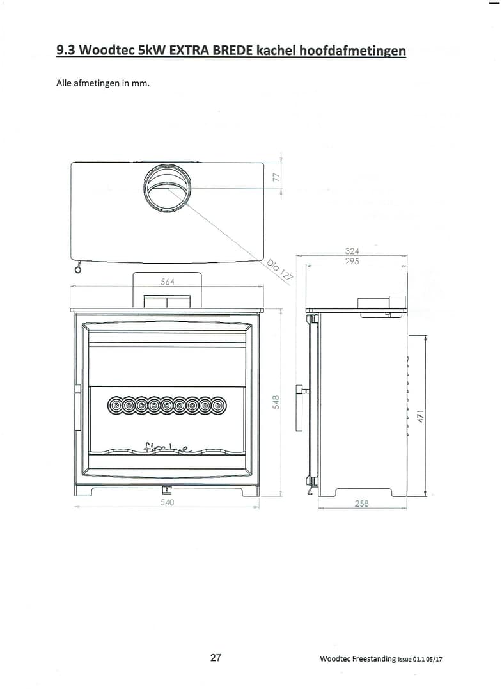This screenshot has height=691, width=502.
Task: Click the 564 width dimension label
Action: point(167,282)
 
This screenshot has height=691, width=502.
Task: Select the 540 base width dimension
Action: point(167,502)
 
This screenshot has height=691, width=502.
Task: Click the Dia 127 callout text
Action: point(280,269)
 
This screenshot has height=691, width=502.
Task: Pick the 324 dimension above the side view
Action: point(352,251)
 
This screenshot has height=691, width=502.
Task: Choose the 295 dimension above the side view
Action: point(352,262)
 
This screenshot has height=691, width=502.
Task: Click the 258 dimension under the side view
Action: point(362,504)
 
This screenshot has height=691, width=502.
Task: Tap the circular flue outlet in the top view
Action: point(167,187)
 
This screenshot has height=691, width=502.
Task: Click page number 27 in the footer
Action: point(216,658)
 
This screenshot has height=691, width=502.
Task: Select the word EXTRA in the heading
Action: point(191,50)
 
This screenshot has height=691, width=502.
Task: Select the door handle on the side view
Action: point(299,407)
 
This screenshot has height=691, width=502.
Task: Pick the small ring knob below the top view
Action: point(77,269)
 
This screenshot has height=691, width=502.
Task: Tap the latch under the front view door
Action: point(166,490)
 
